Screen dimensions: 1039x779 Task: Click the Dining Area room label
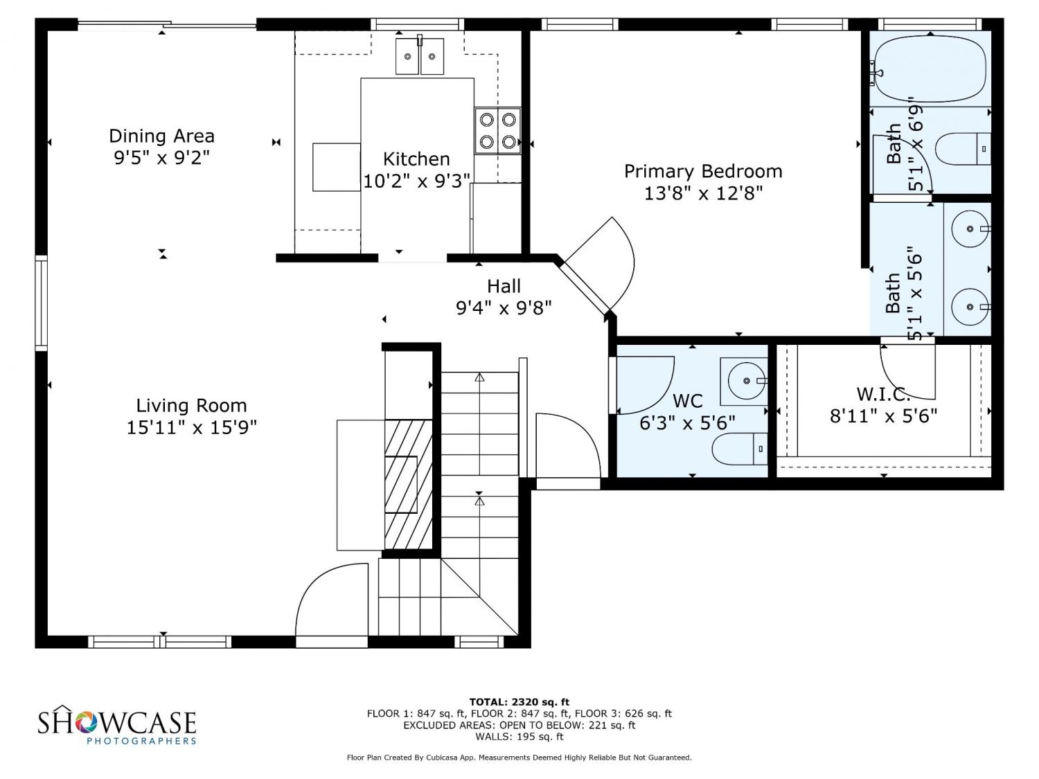(x=162, y=136)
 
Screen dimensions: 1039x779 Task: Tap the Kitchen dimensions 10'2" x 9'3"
(x=416, y=181)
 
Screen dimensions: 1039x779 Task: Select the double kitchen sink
(x=419, y=56)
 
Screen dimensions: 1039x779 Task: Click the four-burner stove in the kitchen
(x=497, y=131)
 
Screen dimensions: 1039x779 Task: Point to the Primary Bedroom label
(x=703, y=171)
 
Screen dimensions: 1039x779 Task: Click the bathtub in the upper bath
(x=930, y=69)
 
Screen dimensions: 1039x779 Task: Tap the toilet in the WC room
(x=739, y=449)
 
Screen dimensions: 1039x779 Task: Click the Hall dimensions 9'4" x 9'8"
(x=504, y=308)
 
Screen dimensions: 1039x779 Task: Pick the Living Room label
(x=191, y=406)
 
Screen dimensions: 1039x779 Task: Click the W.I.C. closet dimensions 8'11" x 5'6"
(x=883, y=416)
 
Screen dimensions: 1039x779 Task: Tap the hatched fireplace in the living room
(x=408, y=484)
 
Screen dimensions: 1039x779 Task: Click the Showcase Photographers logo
(x=117, y=724)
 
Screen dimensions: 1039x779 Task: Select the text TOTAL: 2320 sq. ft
(x=519, y=702)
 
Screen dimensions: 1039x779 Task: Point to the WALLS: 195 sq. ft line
(x=519, y=737)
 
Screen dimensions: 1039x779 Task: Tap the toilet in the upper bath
(x=962, y=149)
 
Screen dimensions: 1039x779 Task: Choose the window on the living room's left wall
(x=42, y=303)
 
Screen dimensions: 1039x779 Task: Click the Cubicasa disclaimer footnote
(x=519, y=758)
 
